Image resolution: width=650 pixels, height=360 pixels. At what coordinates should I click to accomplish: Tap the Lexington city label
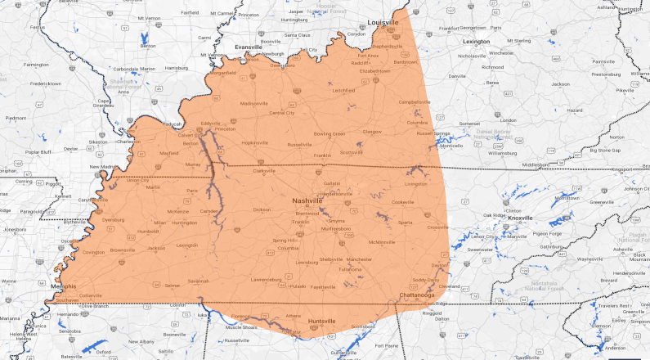tap(475, 41)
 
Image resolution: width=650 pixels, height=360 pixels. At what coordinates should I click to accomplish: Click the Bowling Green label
tap(330, 133)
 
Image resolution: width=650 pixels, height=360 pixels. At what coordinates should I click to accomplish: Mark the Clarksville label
tap(264, 171)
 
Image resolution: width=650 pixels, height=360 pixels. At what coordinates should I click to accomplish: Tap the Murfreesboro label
tap(335, 229)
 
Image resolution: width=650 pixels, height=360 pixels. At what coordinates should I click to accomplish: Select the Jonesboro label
tap(15, 230)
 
